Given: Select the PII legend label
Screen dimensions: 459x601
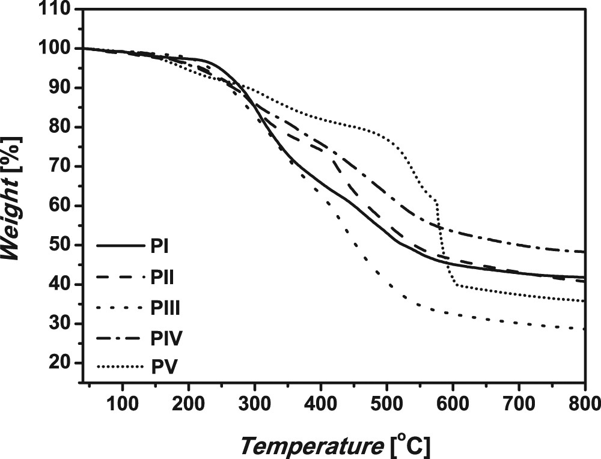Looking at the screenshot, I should coord(160,278).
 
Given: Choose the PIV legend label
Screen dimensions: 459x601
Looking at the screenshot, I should coord(163,339).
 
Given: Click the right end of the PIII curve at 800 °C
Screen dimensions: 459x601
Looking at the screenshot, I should coord(584,329).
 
